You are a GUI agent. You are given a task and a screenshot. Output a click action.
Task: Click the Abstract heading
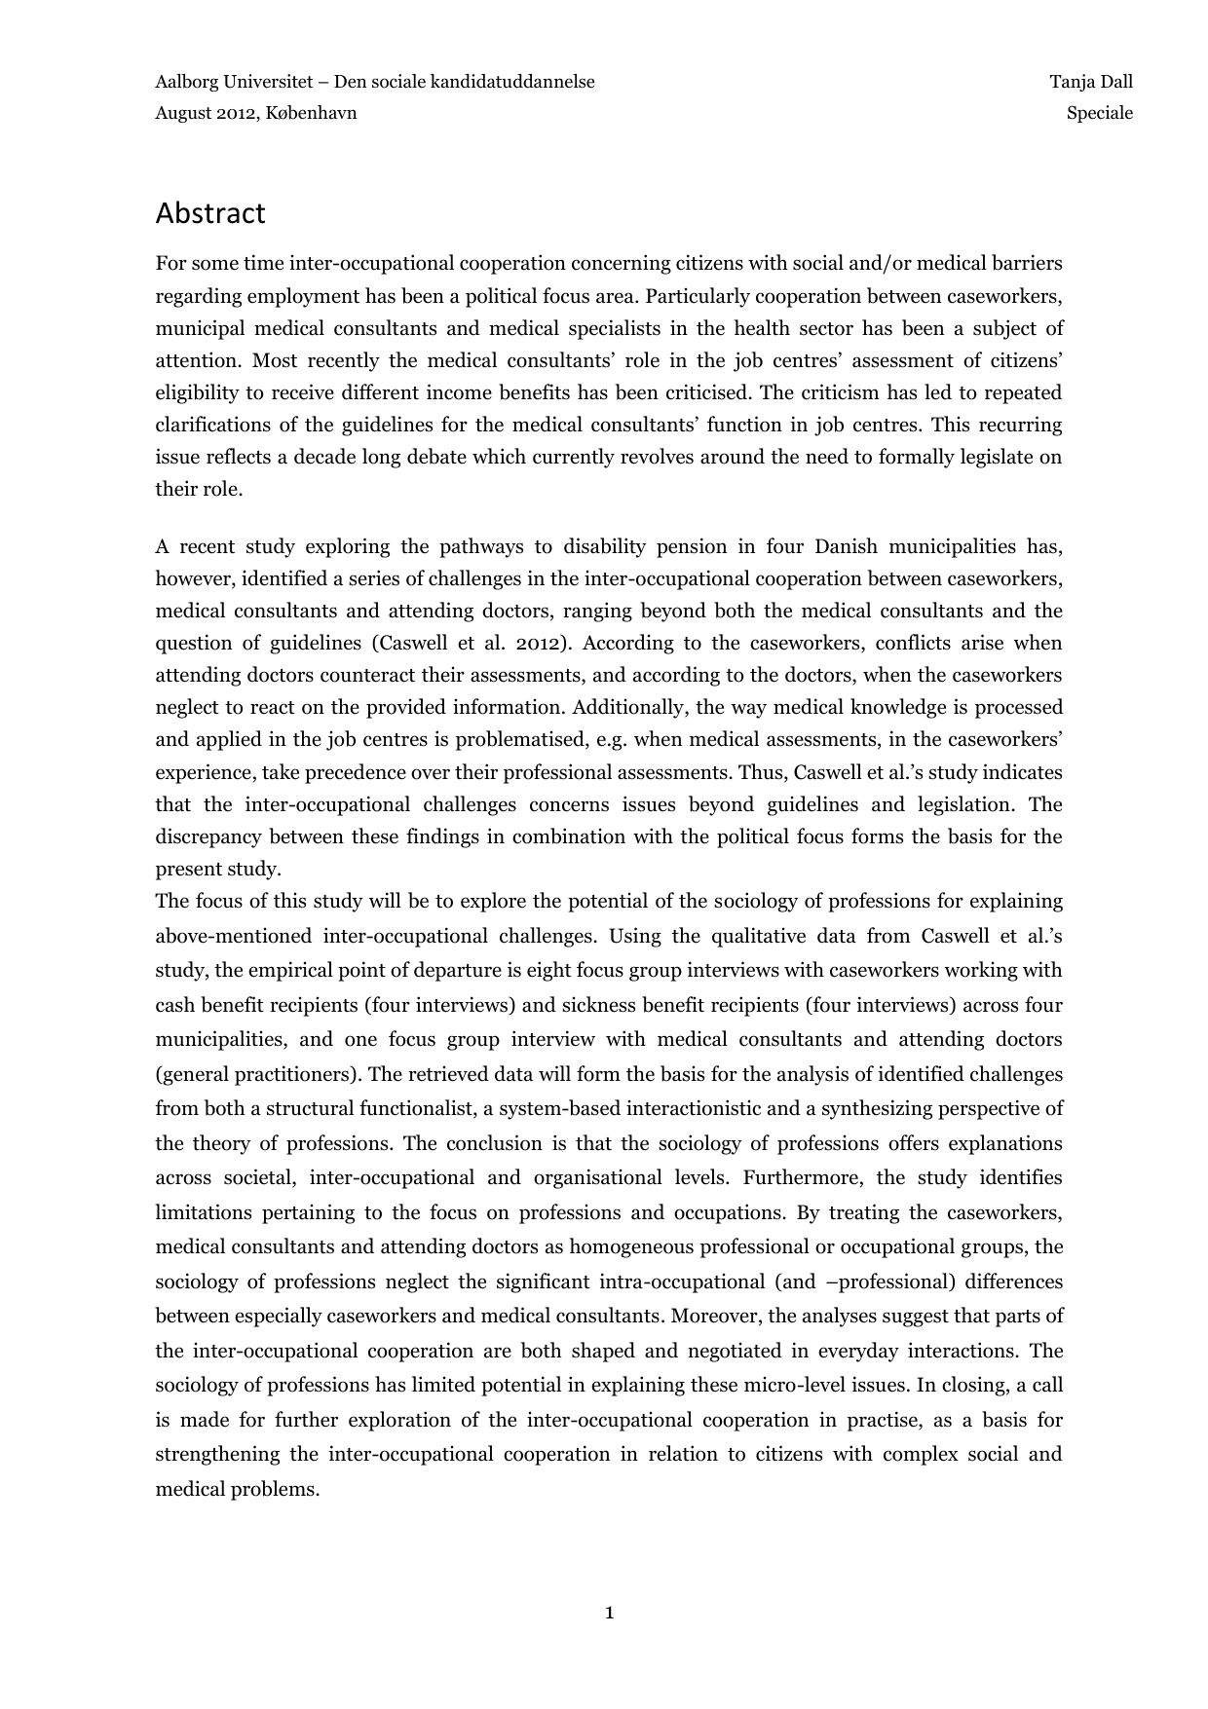(209, 213)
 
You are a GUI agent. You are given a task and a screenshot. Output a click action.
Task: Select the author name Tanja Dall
(1091, 82)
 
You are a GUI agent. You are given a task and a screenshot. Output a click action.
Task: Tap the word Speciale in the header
(1099, 113)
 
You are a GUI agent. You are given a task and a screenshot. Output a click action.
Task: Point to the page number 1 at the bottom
(609, 1613)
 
